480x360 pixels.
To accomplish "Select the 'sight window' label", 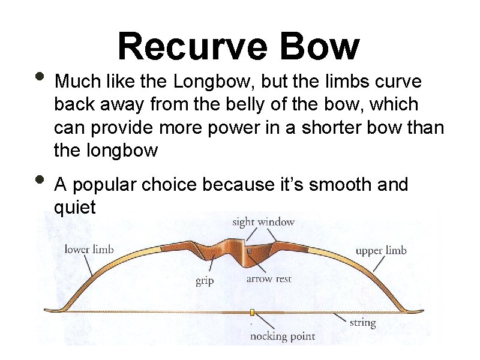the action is (x=263, y=222).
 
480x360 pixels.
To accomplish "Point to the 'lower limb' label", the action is (x=89, y=249).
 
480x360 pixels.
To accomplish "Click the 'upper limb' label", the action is (x=380, y=250).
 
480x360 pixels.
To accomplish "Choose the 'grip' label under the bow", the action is (x=205, y=280).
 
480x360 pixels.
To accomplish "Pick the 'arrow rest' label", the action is (x=268, y=279).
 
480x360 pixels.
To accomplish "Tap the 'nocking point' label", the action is (x=282, y=336).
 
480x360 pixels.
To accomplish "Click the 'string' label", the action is (x=362, y=323).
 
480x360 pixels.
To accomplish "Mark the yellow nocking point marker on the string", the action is (x=253, y=312).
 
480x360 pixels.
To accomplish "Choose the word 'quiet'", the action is (x=74, y=208).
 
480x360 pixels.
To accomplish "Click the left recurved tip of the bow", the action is (x=49, y=310).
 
